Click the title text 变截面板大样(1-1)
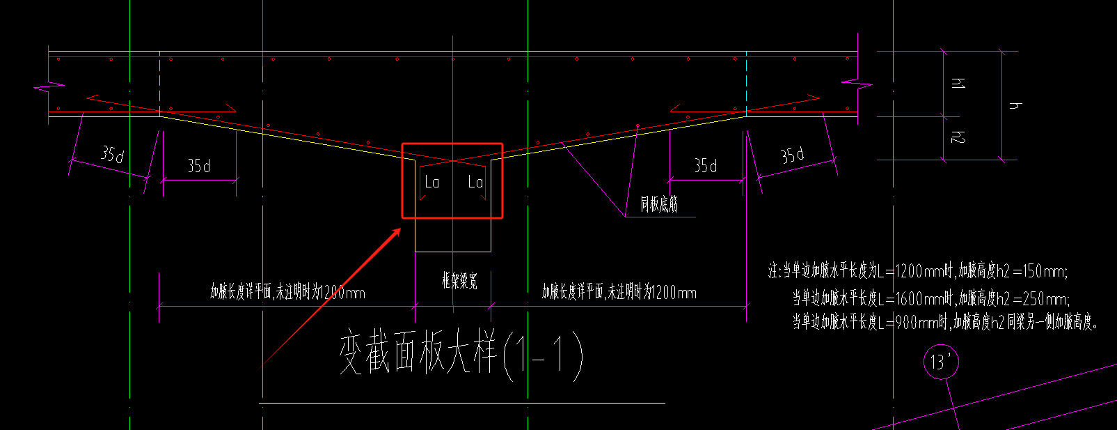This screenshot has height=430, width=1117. point(461,354)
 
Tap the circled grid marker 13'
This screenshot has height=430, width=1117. point(941,362)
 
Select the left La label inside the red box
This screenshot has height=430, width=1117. point(432,183)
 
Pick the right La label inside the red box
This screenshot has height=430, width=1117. point(475,183)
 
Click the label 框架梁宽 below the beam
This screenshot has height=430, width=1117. point(459,282)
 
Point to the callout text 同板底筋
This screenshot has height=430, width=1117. point(659,205)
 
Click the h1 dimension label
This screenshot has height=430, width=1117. point(958,84)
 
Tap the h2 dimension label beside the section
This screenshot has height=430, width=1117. point(958,137)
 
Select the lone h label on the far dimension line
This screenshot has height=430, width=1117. point(1015,105)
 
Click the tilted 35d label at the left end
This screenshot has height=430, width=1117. point(112,154)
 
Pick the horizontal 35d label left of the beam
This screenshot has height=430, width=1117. point(199,166)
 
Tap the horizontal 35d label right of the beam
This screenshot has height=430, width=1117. point(705,166)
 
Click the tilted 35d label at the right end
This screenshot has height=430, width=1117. point(792,155)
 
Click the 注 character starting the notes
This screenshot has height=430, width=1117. point(774,271)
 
